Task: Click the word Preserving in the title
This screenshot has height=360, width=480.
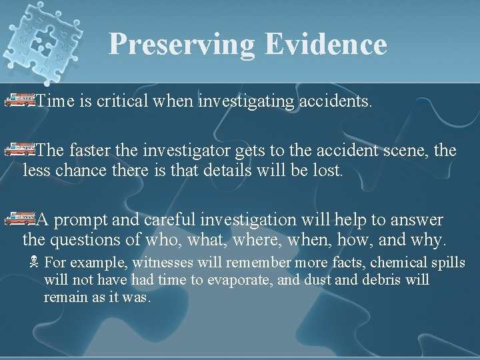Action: [181, 44]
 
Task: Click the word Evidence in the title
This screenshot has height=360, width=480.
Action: [325, 44]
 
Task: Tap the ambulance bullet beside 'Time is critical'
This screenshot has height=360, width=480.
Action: [19, 101]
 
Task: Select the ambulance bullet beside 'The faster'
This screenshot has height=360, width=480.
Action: [19, 150]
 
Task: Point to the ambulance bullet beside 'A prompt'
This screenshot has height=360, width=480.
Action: [19, 217]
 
